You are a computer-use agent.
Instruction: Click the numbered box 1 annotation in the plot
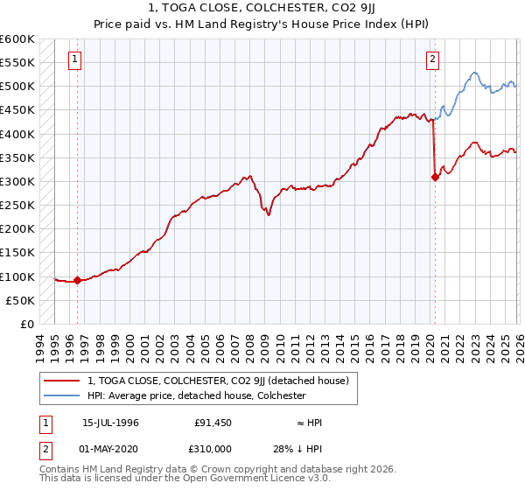click(75, 59)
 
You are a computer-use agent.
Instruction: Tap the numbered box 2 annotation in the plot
click(432, 59)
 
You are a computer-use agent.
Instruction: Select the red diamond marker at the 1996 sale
click(77, 281)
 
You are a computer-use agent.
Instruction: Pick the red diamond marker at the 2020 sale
click(435, 177)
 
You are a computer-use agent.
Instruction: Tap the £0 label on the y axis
click(26, 324)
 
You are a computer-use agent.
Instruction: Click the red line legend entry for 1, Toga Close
click(218, 381)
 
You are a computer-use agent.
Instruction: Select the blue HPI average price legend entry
click(196, 395)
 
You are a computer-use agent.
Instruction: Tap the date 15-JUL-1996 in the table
click(112, 423)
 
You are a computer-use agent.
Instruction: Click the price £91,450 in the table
click(213, 423)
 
